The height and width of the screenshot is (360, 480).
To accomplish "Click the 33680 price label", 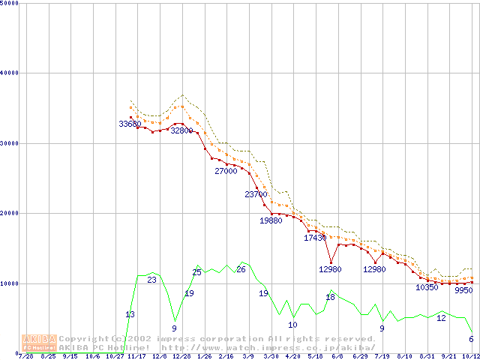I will click(x=130, y=124).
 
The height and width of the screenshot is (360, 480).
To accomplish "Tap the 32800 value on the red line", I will click(x=181, y=130).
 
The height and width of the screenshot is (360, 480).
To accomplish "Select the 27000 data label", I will click(x=226, y=171).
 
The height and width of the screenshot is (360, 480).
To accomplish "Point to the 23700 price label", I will click(x=256, y=194).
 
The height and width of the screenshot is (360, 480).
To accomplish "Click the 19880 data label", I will click(x=271, y=221).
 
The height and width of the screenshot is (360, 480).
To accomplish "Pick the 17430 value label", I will click(x=315, y=238).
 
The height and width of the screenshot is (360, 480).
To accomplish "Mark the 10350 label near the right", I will click(x=427, y=287).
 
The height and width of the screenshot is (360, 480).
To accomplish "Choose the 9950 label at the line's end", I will click(x=463, y=290).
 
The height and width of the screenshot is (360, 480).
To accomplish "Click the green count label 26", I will click(x=241, y=268).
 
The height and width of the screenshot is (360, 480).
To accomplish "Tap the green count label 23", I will click(x=151, y=280).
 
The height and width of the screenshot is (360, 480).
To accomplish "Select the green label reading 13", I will click(x=130, y=314).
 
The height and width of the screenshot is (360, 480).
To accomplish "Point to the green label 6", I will click(x=471, y=339).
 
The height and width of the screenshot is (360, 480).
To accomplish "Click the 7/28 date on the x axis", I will click(x=26, y=356).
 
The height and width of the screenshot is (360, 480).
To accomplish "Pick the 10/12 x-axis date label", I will click(x=470, y=356).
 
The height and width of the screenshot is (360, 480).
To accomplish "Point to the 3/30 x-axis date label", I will click(x=271, y=356).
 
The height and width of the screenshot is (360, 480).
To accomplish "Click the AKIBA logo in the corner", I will click(x=38, y=343).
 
